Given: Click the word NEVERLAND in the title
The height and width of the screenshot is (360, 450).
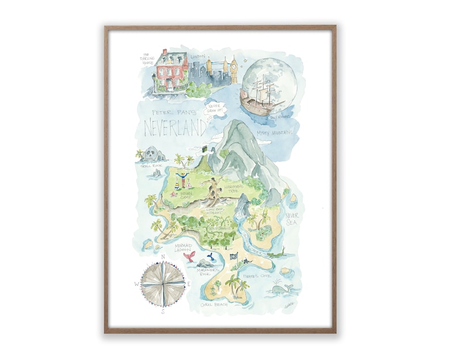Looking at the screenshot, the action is (x=175, y=128).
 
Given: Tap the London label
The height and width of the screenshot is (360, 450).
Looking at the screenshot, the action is (x=198, y=56).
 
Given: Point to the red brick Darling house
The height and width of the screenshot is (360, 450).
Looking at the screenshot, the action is (x=171, y=71).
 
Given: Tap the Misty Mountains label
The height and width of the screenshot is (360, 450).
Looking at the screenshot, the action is (x=274, y=133).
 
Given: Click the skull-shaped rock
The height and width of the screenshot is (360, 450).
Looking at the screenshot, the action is (x=151, y=153).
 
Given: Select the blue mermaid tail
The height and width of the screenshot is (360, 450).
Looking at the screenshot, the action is (x=210, y=256).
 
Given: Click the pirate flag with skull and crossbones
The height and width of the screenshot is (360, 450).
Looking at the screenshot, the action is (x=234, y=256).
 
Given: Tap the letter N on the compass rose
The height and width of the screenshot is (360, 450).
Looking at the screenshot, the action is (x=163, y=257).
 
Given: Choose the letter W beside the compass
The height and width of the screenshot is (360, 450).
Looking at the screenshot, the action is (x=137, y=283).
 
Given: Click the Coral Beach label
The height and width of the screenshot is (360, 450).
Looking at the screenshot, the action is (x=214, y=304).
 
